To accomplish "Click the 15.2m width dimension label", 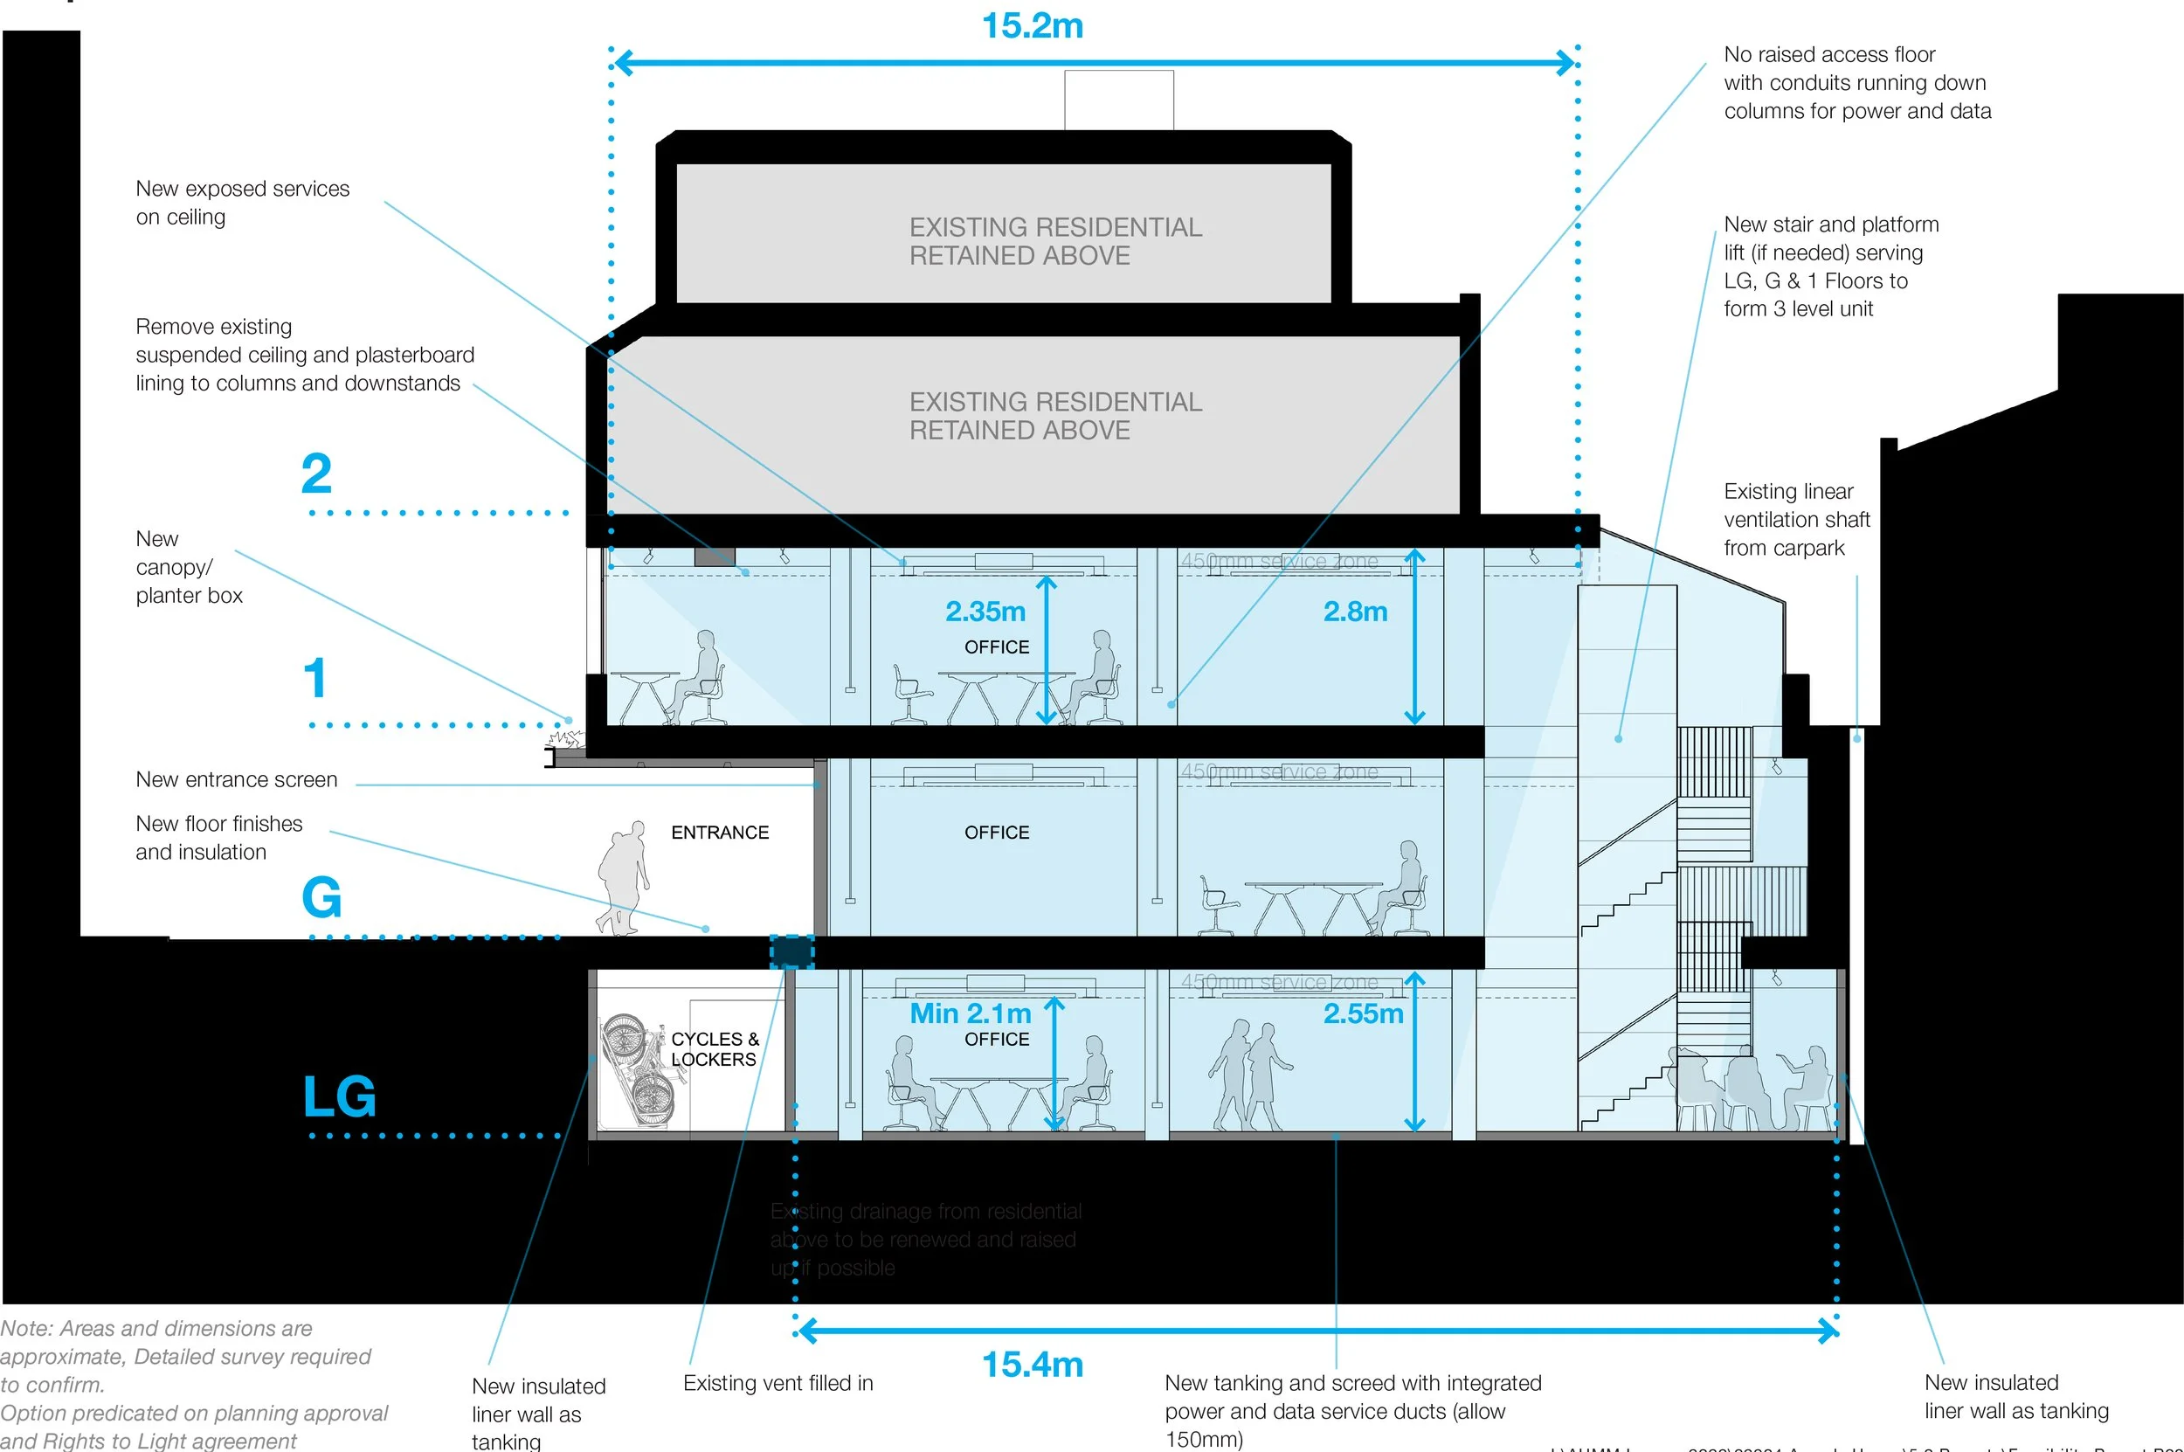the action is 1032,26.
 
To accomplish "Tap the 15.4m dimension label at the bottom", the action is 1032,1364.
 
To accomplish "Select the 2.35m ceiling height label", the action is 985,612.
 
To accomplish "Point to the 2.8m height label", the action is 1354,612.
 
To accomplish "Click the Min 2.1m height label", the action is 970,1013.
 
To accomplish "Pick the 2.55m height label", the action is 1362,1013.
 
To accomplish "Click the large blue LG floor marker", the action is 339,1096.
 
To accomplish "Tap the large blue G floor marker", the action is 321,896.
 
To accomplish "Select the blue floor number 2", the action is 315,474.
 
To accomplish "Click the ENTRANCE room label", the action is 719,833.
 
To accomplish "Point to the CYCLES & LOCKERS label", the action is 714,1049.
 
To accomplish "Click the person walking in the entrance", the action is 623,876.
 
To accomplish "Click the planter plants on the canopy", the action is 564,739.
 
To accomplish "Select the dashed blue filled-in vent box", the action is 791,952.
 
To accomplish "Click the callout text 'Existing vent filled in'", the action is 778,1383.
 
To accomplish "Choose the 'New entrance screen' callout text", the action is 236,779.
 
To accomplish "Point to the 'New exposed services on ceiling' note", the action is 242,203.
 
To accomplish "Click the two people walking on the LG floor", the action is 1249,1075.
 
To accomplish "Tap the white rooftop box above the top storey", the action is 1118,100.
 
